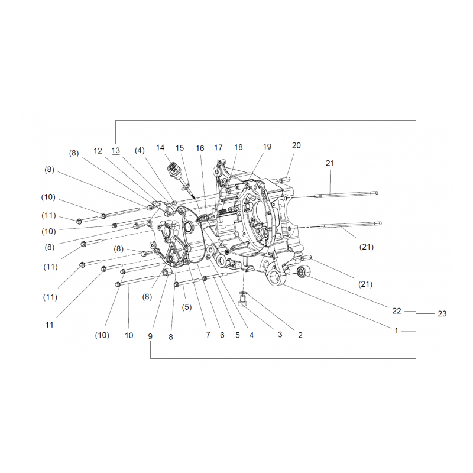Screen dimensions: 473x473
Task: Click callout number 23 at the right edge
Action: (442, 314)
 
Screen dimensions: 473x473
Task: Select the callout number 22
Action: (397, 310)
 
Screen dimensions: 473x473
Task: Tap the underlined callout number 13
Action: (115, 151)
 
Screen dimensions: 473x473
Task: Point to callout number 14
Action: (160, 147)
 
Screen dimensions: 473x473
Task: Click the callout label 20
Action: (296, 145)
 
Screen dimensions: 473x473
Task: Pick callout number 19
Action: (267, 147)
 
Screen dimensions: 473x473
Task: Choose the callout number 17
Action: (218, 147)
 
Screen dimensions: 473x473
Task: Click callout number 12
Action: (98, 151)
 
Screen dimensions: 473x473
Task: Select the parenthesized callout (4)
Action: (139, 150)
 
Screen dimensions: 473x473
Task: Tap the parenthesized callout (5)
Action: (187, 307)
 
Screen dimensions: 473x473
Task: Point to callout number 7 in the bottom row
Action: (208, 335)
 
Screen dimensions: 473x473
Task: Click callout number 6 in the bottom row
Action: (222, 335)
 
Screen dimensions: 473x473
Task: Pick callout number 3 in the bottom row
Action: (280, 335)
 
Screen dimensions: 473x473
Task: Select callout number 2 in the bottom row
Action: (300, 335)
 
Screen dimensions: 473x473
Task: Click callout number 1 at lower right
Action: (397, 331)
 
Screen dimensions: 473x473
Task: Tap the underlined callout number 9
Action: (150, 336)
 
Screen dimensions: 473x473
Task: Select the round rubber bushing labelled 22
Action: (303, 272)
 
